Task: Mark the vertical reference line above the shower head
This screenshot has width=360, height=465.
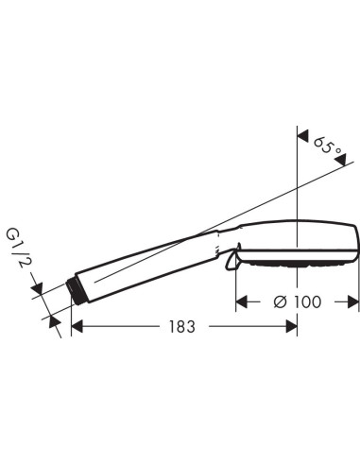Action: pyautogui.click(x=298, y=170)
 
